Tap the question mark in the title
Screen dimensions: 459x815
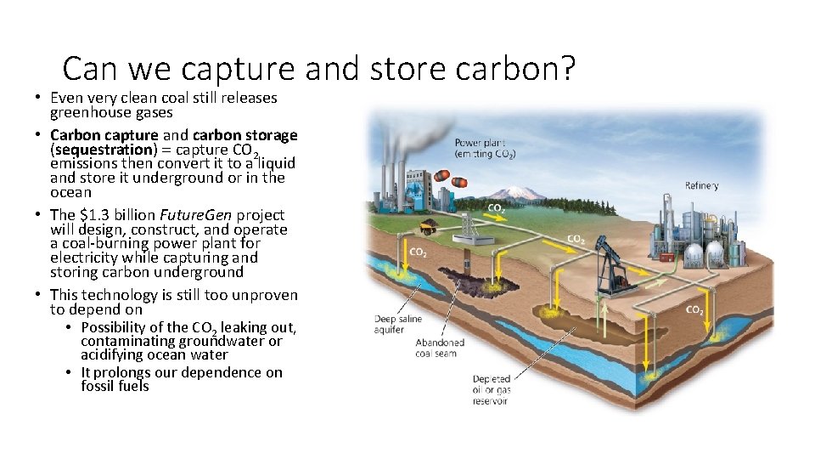click(x=565, y=68)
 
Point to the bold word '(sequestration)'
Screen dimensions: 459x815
click(x=99, y=150)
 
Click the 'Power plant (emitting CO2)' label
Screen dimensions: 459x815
click(x=485, y=148)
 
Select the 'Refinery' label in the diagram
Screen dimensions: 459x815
click(x=702, y=185)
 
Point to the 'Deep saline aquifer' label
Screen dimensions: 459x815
click(x=399, y=324)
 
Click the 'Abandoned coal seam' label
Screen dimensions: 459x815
click(x=440, y=348)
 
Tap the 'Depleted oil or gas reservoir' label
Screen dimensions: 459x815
click(x=492, y=390)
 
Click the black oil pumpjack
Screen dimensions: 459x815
click(x=614, y=263)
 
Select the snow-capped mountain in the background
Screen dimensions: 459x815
click(x=519, y=195)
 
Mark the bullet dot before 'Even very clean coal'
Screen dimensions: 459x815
click(x=41, y=99)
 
